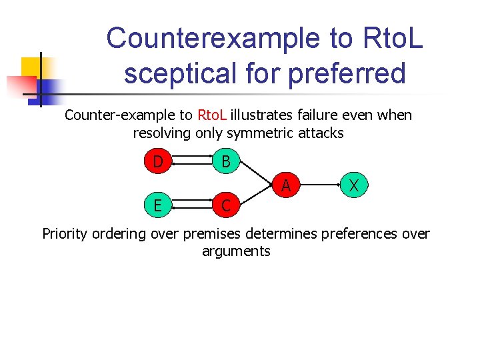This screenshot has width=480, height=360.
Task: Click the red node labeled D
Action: (x=157, y=162)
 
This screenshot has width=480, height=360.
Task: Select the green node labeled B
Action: (x=226, y=162)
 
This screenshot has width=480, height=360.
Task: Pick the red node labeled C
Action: (x=226, y=205)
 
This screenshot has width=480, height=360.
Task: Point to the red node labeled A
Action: (x=285, y=184)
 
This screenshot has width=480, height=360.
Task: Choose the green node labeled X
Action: (x=355, y=184)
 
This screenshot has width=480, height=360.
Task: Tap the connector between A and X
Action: (x=320, y=184)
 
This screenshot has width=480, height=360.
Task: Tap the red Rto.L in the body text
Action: (x=215, y=115)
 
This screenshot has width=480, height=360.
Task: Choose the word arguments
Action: (x=236, y=251)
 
